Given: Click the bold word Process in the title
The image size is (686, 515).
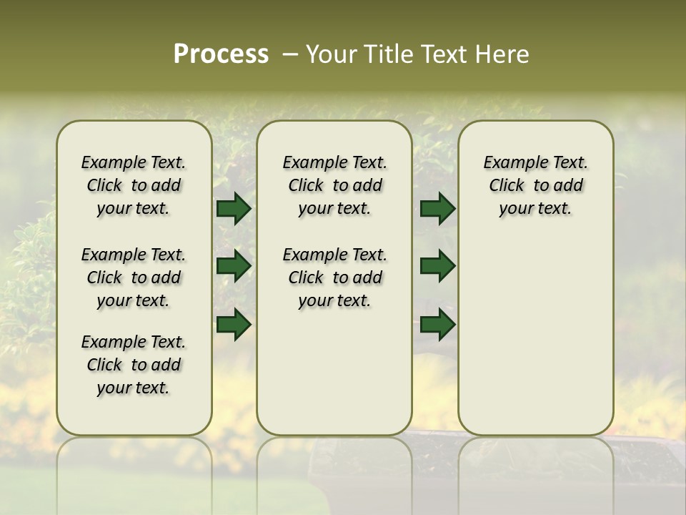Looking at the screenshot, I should click(221, 54).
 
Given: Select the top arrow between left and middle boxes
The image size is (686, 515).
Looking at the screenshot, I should click(234, 209).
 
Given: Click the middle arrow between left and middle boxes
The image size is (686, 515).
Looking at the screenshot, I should click(234, 266).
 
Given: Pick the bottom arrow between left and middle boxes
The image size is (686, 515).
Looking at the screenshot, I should click(234, 324).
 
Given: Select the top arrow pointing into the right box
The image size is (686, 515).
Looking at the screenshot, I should click(437, 209).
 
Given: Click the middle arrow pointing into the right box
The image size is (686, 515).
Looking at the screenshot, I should click(437, 266).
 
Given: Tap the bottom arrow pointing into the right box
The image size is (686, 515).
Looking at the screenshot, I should click(437, 324).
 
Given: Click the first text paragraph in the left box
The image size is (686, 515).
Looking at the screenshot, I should click(134, 185).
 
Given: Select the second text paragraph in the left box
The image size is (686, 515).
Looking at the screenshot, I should click(134, 278).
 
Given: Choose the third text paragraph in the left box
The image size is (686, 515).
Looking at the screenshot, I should click(134, 365).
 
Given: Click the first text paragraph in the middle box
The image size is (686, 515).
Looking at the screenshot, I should click(334, 185).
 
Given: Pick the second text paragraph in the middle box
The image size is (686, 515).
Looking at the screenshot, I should click(334, 278).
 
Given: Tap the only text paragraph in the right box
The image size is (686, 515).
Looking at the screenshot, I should click(535, 185).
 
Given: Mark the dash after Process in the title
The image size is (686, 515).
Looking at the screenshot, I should click(290, 54).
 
